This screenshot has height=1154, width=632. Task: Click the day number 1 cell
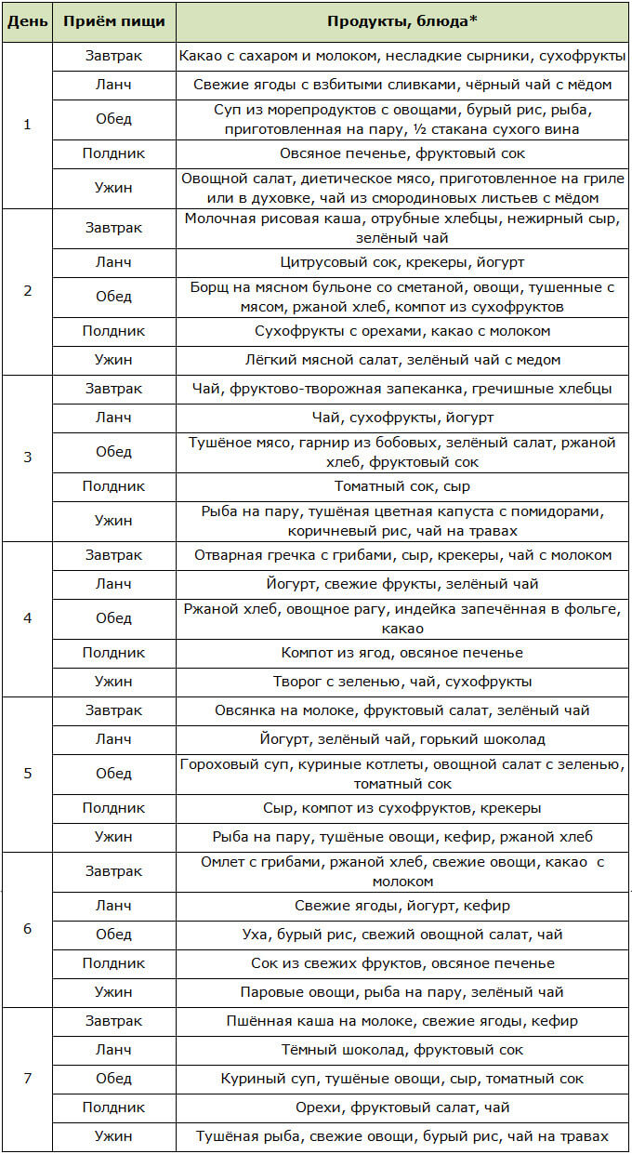[27, 125]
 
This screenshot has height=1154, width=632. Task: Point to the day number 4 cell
[27, 617]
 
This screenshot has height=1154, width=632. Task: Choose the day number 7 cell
[27, 1079]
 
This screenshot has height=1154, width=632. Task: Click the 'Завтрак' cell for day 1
[114, 56]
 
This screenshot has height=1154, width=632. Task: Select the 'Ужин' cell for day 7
[114, 1135]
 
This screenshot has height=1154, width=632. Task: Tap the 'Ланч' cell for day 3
[114, 418]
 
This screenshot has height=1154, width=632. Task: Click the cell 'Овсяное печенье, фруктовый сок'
[402, 153]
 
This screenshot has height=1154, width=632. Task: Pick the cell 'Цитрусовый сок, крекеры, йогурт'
[402, 262]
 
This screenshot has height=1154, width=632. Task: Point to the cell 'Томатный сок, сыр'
[402, 485]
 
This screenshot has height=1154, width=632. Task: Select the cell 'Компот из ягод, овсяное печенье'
[402, 653]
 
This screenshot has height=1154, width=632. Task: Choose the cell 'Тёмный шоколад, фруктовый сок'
[402, 1050]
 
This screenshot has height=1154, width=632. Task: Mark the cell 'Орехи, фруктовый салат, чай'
[402, 1108]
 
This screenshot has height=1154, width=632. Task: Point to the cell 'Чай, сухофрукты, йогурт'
[402, 418]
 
